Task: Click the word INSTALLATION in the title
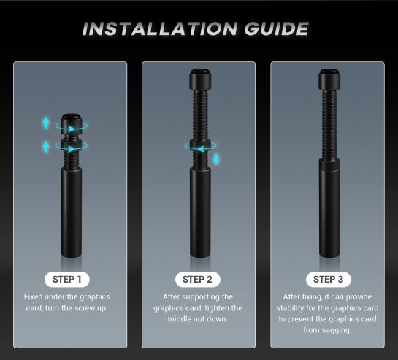coord(160,28)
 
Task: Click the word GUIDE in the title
coord(277,28)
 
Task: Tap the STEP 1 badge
coord(67,280)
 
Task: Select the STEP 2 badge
coord(197,280)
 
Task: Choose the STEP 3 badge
coord(329,280)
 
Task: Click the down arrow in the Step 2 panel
coord(216,159)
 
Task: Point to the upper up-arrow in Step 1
coord(46,123)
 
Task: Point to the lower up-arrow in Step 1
coord(46,147)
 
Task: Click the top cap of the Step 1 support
coord(72,123)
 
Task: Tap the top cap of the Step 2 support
coord(200,79)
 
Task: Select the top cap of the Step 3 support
coord(329,79)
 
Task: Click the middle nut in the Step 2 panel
coord(200,145)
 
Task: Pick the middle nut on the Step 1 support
coord(71,146)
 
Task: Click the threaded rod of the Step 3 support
coord(329,124)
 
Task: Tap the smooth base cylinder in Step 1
coord(72,212)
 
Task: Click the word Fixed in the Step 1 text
coord(34,296)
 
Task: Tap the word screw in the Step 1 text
coord(85,308)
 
